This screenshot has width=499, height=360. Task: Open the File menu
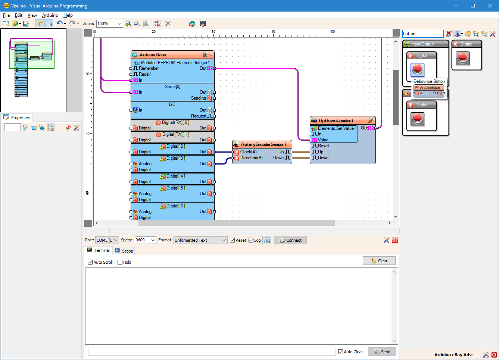tap(6, 15)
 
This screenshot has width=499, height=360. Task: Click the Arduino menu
tap(50, 15)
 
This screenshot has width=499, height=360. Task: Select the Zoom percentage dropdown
tap(109, 24)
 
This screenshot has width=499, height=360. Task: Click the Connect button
tap(290, 240)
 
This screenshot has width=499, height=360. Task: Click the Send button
tap(382, 352)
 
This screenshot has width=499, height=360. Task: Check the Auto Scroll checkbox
tap(90, 262)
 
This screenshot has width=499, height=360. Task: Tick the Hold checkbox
tap(120, 262)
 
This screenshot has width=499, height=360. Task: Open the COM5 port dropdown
tap(107, 240)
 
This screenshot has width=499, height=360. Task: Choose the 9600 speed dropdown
tap(145, 240)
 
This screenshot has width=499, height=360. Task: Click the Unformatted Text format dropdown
tap(200, 240)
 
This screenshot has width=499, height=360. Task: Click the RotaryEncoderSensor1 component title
tap(263, 144)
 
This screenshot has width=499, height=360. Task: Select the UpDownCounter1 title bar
tap(336, 120)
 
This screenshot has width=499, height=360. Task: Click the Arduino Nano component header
tap(153, 55)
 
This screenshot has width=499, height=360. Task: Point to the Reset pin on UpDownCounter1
tap(323, 146)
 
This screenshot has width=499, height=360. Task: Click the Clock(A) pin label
tap(248, 152)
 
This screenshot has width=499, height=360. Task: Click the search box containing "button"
tap(422, 34)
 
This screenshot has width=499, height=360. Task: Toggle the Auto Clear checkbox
tap(340, 352)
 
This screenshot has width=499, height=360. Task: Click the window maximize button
tap(473, 6)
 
